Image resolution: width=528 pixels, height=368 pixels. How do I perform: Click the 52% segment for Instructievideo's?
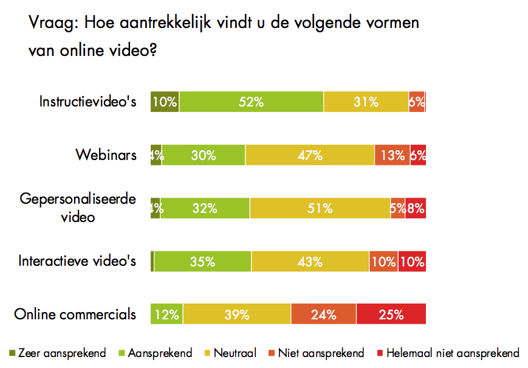click(x=251, y=102)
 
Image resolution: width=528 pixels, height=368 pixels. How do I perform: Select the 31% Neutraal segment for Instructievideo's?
click(x=366, y=102)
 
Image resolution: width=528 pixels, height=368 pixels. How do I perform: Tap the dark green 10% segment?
click(x=165, y=102)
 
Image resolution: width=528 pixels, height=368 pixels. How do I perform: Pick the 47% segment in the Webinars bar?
click(x=310, y=155)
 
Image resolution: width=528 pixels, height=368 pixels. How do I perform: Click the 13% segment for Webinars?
click(x=393, y=155)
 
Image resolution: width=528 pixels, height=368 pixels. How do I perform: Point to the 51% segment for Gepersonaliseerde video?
click(x=320, y=208)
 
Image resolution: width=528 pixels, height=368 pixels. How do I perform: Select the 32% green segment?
click(x=205, y=208)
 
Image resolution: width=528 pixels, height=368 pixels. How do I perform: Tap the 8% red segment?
click(x=416, y=208)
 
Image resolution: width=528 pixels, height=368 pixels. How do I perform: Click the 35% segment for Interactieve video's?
click(x=202, y=262)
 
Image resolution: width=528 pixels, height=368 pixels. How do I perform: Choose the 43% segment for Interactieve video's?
click(x=310, y=262)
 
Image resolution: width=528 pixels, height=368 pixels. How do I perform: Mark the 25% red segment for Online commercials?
click(x=391, y=314)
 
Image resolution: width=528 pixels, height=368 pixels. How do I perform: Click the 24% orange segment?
click(x=324, y=314)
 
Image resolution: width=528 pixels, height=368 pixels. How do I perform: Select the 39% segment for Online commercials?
click(x=236, y=314)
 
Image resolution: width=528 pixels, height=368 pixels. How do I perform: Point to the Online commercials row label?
click(x=75, y=314)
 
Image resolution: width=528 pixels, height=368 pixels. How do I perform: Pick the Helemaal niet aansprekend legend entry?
click(x=448, y=353)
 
